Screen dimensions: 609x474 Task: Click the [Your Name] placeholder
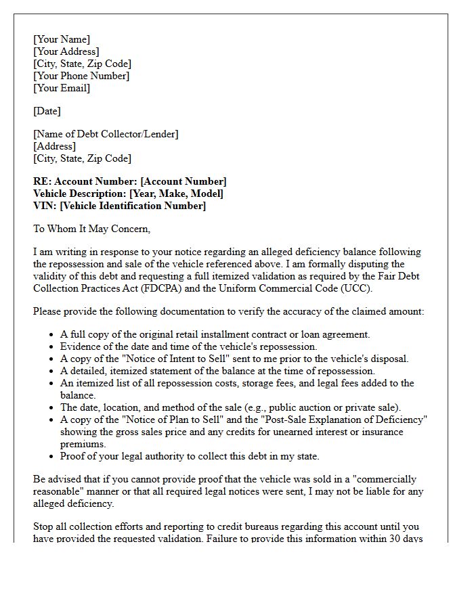pos(61,39)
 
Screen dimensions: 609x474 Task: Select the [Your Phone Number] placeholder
pos(81,76)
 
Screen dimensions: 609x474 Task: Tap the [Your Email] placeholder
pos(61,88)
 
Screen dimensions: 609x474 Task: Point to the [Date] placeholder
pos(47,111)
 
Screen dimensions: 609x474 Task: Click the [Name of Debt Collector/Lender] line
pos(106,134)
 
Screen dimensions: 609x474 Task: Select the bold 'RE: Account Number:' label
pos(85,181)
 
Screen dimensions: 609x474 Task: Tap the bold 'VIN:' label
pos(45,206)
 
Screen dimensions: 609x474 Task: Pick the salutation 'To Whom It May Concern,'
pos(91,229)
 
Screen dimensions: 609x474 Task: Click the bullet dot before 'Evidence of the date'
pos(52,347)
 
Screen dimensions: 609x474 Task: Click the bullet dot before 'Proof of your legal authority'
pos(52,457)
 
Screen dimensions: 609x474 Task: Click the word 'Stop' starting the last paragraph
pos(44,526)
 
